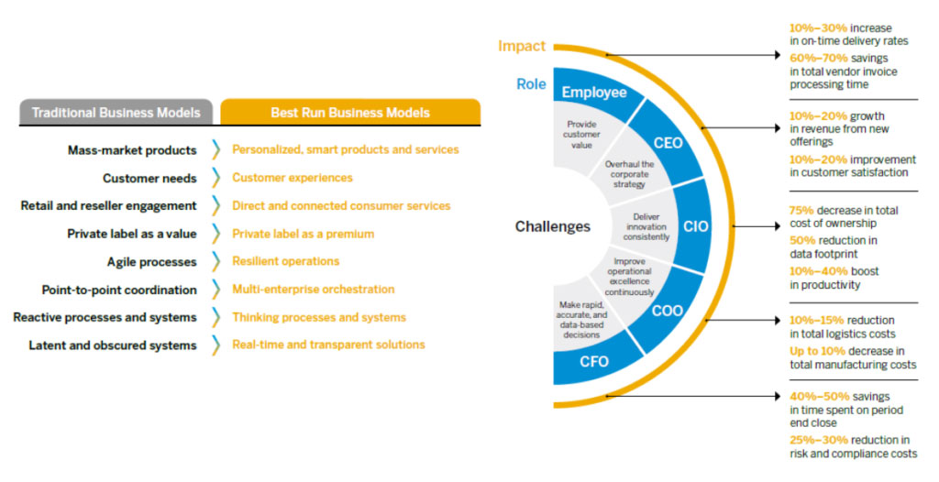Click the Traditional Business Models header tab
(116, 113)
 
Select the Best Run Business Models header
(349, 113)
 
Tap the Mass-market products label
(132, 149)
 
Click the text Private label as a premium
(303, 234)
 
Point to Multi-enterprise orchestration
(313, 290)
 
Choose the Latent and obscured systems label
(112, 345)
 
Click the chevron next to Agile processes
(215, 261)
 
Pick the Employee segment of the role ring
(594, 93)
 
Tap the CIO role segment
(695, 226)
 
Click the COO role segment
(667, 311)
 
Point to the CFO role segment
(593, 361)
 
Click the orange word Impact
(522, 46)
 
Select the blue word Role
(531, 84)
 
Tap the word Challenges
(552, 226)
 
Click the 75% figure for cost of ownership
(801, 210)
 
